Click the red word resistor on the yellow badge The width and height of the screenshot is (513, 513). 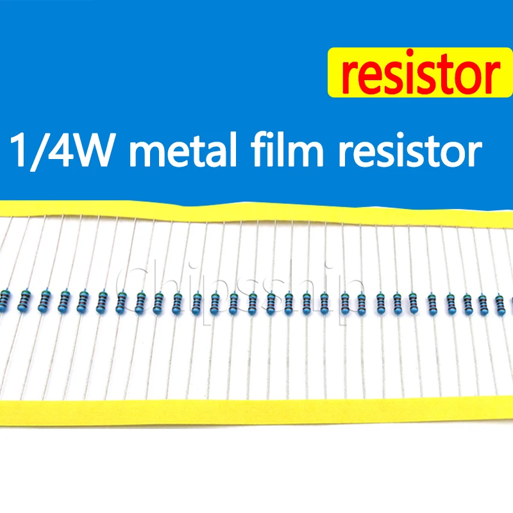point(421,72)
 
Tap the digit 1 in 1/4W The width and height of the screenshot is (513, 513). point(20,150)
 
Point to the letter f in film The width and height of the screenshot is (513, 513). point(260,149)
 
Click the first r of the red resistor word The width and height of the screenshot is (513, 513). point(350,78)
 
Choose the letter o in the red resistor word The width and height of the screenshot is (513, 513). point(464,78)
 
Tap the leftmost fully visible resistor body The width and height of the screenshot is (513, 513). point(24,300)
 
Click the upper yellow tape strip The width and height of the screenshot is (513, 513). point(256,214)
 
